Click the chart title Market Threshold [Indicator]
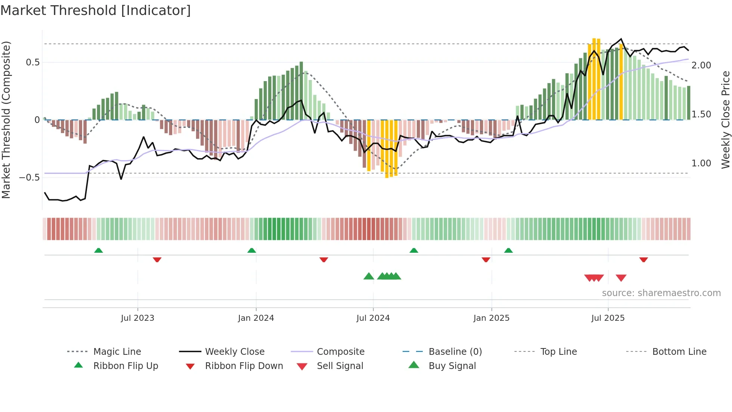(96, 10)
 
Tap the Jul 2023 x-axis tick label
(137, 318)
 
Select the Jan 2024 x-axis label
(256, 318)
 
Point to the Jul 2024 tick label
(373, 318)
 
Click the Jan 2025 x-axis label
(491, 318)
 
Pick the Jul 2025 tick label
(608, 318)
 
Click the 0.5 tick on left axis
(33, 62)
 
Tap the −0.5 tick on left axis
(30, 177)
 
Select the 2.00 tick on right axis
(701, 65)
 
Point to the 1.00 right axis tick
(701, 163)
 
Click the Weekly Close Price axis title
(725, 120)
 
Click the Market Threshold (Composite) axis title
(6, 120)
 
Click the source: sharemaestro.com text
(661, 293)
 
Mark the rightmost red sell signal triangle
(621, 278)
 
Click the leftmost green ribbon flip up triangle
(99, 250)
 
